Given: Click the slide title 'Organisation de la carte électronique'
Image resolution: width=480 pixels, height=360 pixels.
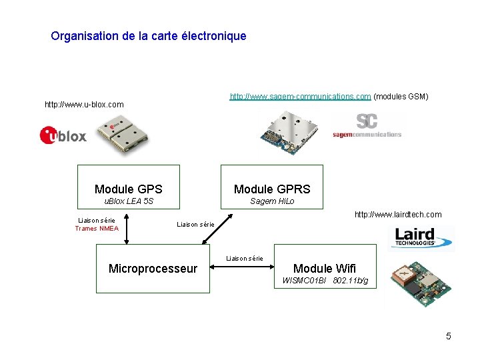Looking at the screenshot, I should [148, 36].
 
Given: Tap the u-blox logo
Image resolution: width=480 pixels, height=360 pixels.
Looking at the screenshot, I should [63, 135].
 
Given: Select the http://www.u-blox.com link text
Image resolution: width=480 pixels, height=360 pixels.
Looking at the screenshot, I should [84, 105].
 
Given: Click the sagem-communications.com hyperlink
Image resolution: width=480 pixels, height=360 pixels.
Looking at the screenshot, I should [300, 97].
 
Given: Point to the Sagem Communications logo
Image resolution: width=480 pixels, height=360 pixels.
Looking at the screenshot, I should [367, 125].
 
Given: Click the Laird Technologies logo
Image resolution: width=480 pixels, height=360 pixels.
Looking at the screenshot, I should [421, 237].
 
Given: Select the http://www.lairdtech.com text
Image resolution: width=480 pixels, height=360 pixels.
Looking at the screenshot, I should [398, 215].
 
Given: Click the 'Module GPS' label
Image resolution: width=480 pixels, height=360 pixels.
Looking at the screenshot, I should [129, 189].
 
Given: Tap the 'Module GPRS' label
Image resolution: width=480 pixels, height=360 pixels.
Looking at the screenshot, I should [272, 189].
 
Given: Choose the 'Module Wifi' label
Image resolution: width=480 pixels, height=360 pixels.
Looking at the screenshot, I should [325, 269].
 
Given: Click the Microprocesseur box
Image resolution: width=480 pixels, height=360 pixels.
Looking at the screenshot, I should [153, 269].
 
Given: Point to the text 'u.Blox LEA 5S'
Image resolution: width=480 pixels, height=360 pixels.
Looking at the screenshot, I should [129, 201].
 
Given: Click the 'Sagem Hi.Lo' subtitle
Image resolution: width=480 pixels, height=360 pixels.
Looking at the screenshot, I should [272, 201].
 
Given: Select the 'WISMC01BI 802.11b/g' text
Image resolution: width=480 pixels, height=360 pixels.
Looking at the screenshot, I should [325, 281].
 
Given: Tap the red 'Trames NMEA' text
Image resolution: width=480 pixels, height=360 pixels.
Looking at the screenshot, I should [97, 229].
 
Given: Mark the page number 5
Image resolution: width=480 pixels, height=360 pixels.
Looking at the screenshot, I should [449, 336].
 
